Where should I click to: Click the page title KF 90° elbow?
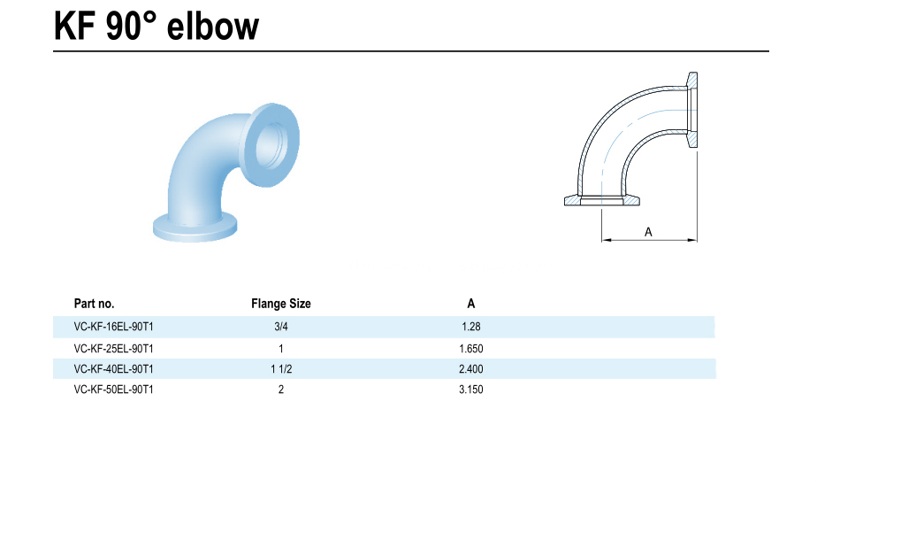(x=157, y=26)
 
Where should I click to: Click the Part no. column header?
(x=94, y=304)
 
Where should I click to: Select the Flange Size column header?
(x=280, y=304)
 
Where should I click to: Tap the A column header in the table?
(x=471, y=304)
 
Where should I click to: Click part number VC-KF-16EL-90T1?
(x=114, y=327)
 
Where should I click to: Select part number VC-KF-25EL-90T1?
(x=114, y=348)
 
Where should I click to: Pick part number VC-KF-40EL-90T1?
(x=114, y=368)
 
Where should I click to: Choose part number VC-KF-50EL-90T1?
(x=114, y=390)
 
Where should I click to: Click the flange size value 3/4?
(x=281, y=327)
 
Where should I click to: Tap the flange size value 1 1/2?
(x=281, y=368)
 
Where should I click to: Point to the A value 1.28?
(x=470, y=327)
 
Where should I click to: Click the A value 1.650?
(x=470, y=348)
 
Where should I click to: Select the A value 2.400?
(x=470, y=368)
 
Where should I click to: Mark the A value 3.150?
(x=470, y=390)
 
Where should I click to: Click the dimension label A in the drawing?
(x=648, y=231)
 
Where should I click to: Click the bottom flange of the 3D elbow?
(x=195, y=225)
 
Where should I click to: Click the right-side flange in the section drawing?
(x=692, y=110)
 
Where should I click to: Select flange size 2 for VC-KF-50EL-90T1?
(x=281, y=390)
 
